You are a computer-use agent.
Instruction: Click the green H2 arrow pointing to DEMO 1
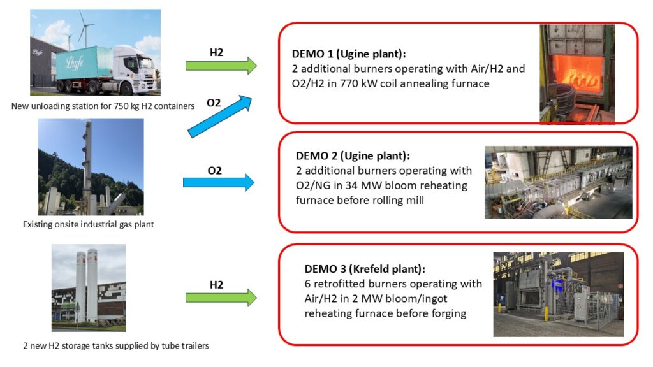[x=221, y=66]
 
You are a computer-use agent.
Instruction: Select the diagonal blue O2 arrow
[x=220, y=117]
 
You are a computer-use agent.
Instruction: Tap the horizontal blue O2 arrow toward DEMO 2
[x=219, y=182]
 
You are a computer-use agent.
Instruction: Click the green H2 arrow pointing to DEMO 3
[x=221, y=298]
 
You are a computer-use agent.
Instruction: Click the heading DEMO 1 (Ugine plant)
[x=349, y=54]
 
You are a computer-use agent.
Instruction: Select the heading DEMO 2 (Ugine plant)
[x=353, y=155]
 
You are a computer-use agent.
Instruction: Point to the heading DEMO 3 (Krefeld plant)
[x=365, y=269]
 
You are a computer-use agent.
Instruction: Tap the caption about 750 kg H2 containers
[x=103, y=106]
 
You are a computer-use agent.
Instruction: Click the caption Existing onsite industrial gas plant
[x=88, y=224]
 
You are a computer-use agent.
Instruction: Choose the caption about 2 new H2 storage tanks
[x=116, y=345]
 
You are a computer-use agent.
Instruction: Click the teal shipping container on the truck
[x=84, y=62]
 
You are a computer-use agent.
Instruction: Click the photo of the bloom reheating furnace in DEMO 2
[x=559, y=182]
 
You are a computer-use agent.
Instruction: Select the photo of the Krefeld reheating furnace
[x=559, y=294]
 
